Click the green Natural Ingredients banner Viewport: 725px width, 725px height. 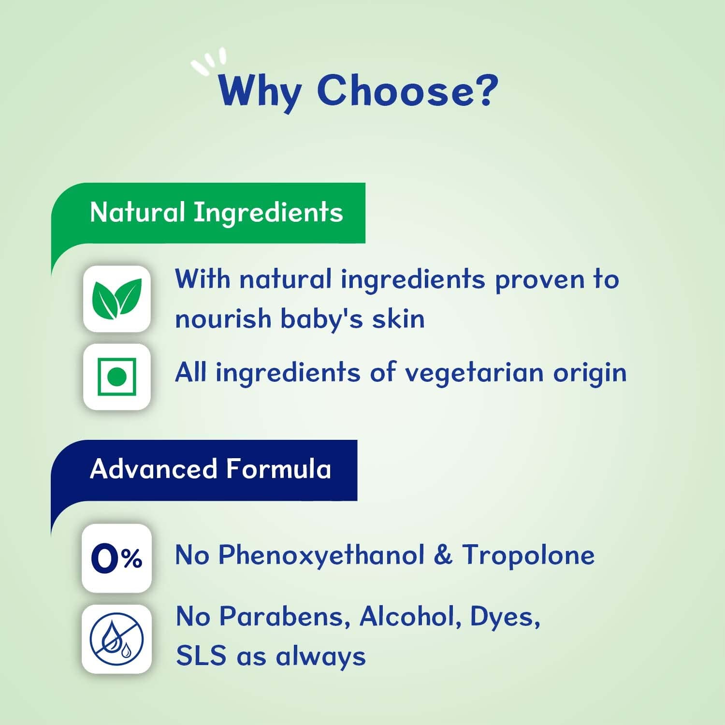[216, 213]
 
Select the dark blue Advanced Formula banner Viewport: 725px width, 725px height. [211, 469]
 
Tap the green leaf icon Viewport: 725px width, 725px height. [117, 299]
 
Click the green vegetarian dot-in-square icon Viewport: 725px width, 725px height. [117, 377]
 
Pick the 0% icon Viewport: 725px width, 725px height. [116, 559]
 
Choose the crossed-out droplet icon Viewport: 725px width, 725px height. [116, 639]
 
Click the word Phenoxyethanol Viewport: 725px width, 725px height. [321, 555]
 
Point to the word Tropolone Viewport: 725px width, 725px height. [528, 555]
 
